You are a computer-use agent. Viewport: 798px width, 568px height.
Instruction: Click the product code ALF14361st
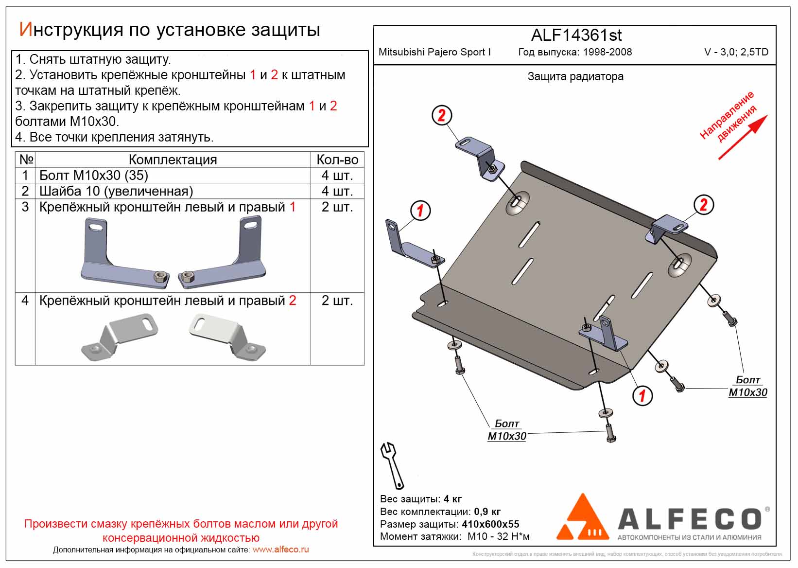click(x=576, y=35)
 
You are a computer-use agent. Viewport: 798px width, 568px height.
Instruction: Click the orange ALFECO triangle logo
click(x=582, y=518)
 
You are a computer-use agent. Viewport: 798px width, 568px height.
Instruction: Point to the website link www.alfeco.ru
click(x=280, y=550)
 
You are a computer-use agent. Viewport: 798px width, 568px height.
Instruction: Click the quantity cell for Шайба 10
click(x=337, y=191)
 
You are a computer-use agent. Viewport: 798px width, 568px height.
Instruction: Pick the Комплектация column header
click(x=173, y=160)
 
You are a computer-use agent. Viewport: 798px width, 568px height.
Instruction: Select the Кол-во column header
click(x=337, y=160)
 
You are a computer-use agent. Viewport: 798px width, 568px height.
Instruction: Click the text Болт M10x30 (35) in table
click(x=93, y=176)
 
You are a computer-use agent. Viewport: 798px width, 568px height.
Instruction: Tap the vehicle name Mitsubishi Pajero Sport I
click(x=434, y=52)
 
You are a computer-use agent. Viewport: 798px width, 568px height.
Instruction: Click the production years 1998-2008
click(x=607, y=52)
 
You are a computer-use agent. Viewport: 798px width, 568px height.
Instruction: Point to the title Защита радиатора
click(x=575, y=76)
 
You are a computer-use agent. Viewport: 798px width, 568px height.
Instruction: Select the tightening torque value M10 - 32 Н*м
click(x=498, y=537)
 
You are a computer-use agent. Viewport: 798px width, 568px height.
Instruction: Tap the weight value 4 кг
click(x=453, y=499)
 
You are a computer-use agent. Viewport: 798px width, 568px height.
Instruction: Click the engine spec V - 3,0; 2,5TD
click(x=736, y=52)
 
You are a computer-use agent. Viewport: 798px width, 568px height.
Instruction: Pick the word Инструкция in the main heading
click(x=70, y=30)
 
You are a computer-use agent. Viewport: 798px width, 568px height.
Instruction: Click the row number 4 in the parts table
click(x=25, y=301)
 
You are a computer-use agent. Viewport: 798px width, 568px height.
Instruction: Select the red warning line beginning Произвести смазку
click(x=181, y=524)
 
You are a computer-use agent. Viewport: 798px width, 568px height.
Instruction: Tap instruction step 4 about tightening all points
click(x=114, y=137)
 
